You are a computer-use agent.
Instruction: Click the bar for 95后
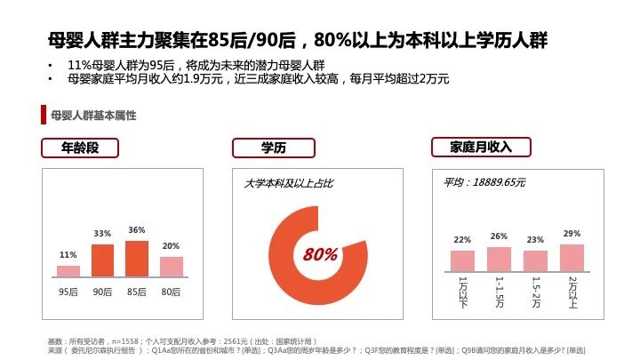pyautogui.click(x=68, y=271)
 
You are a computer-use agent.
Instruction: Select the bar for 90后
pyautogui.click(x=103, y=260)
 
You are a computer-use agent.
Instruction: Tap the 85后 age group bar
pyautogui.click(x=137, y=259)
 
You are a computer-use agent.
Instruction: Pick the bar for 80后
pyautogui.click(x=171, y=267)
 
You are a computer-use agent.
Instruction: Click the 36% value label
pyautogui.click(x=137, y=230)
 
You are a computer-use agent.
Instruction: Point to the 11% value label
pyautogui.click(x=68, y=255)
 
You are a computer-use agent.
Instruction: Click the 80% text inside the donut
pyautogui.click(x=320, y=255)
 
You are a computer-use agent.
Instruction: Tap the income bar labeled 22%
pyautogui.click(x=462, y=260)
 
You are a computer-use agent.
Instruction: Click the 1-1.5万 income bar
pyautogui.click(x=499, y=259)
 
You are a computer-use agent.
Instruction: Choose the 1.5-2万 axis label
pyautogui.click(x=535, y=292)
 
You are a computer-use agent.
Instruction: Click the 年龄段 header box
pyautogui.click(x=84, y=148)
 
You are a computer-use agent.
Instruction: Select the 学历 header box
pyautogui.click(x=273, y=148)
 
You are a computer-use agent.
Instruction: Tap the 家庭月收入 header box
pyautogui.click(x=481, y=147)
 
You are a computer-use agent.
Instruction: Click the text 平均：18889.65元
pyautogui.click(x=484, y=182)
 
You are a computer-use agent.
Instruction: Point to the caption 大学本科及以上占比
pyautogui.click(x=289, y=183)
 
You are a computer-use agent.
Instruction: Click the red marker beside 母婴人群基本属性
pyautogui.click(x=44, y=116)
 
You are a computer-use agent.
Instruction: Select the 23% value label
pyautogui.click(x=535, y=239)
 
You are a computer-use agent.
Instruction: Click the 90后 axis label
pyautogui.click(x=103, y=292)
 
